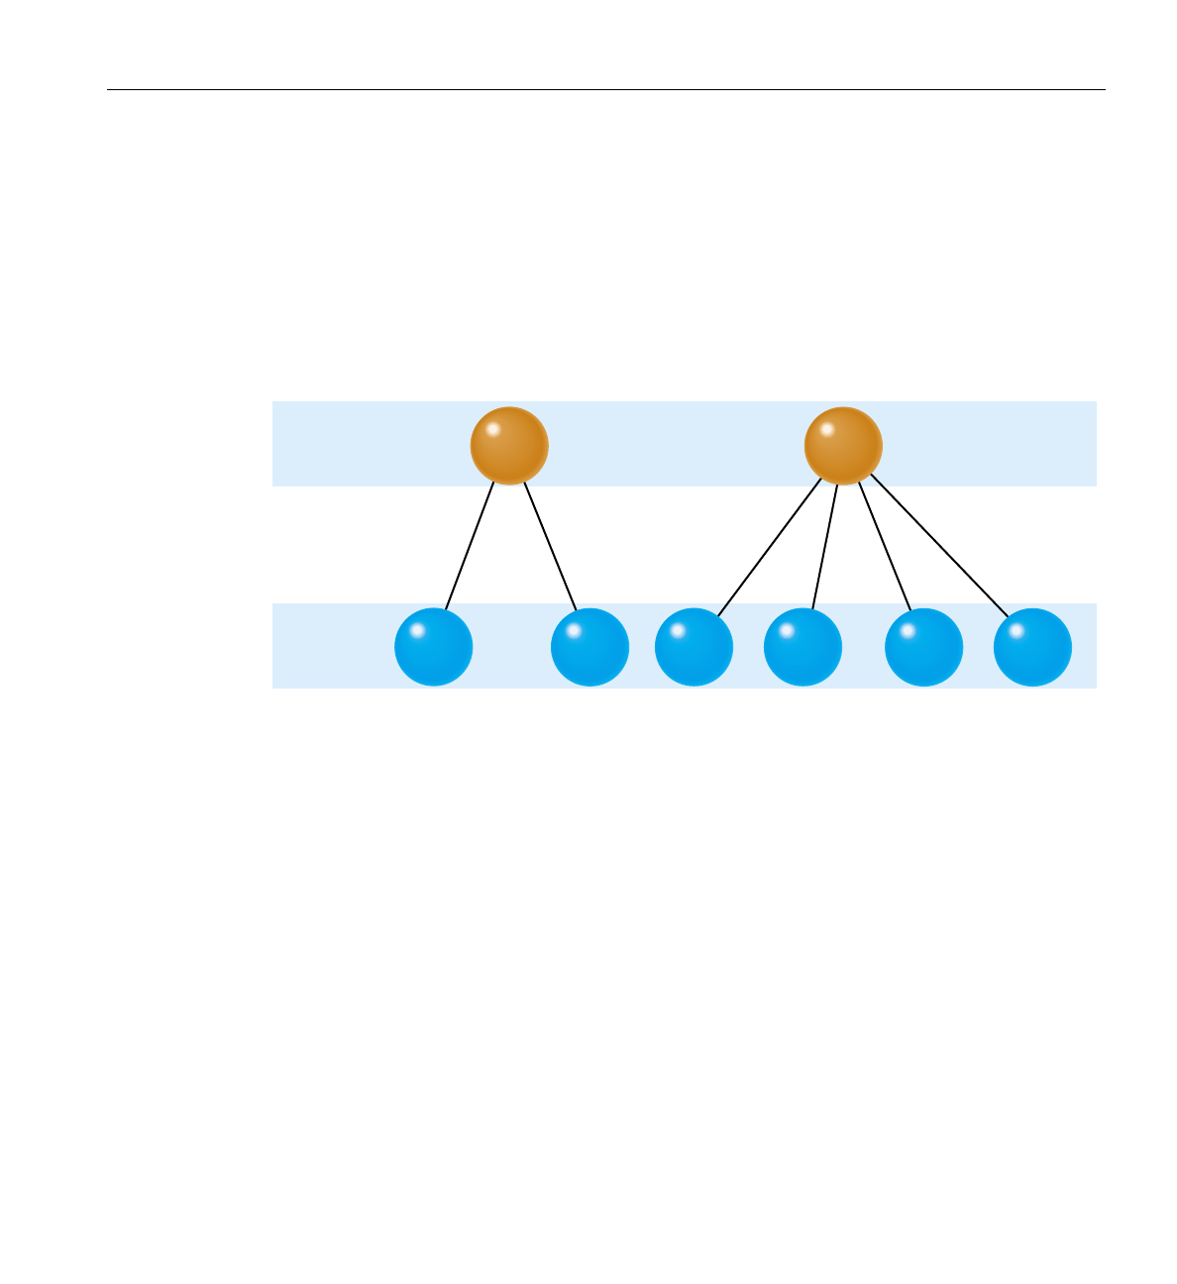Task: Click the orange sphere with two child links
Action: (x=508, y=446)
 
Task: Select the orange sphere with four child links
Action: (x=842, y=446)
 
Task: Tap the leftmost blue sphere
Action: (x=433, y=647)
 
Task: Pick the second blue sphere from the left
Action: (x=589, y=647)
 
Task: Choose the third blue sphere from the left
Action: (x=694, y=647)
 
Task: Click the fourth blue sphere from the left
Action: (x=802, y=647)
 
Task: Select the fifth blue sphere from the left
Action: (x=923, y=647)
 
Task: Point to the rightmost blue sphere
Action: (x=1032, y=647)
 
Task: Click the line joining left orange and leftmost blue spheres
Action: (x=470, y=545)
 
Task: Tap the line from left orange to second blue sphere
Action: (x=550, y=545)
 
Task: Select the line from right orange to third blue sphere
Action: (x=770, y=548)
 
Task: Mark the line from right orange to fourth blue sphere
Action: (x=825, y=547)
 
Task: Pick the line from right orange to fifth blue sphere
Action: (x=885, y=547)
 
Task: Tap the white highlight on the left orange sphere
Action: (x=492, y=429)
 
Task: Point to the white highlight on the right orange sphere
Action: (x=826, y=429)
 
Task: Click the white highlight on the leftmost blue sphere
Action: (x=417, y=630)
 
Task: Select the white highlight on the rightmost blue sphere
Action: (x=1016, y=630)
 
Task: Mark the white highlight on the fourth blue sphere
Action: (x=787, y=630)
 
